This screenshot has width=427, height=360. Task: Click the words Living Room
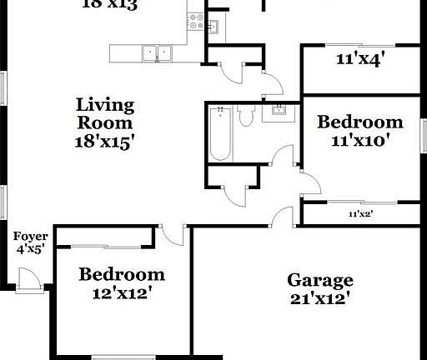(x=105, y=114)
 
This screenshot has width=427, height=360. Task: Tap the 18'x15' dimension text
(x=105, y=141)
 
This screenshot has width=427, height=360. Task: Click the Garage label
(x=320, y=280)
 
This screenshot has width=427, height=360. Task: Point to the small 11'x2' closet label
(x=360, y=214)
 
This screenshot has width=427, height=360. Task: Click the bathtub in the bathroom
(x=220, y=133)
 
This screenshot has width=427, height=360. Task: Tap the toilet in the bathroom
(x=245, y=117)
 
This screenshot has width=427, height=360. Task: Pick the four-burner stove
(x=196, y=22)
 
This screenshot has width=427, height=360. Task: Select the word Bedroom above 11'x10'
(x=360, y=122)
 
